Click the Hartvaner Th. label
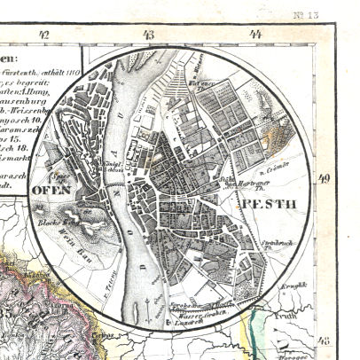(253, 184)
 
